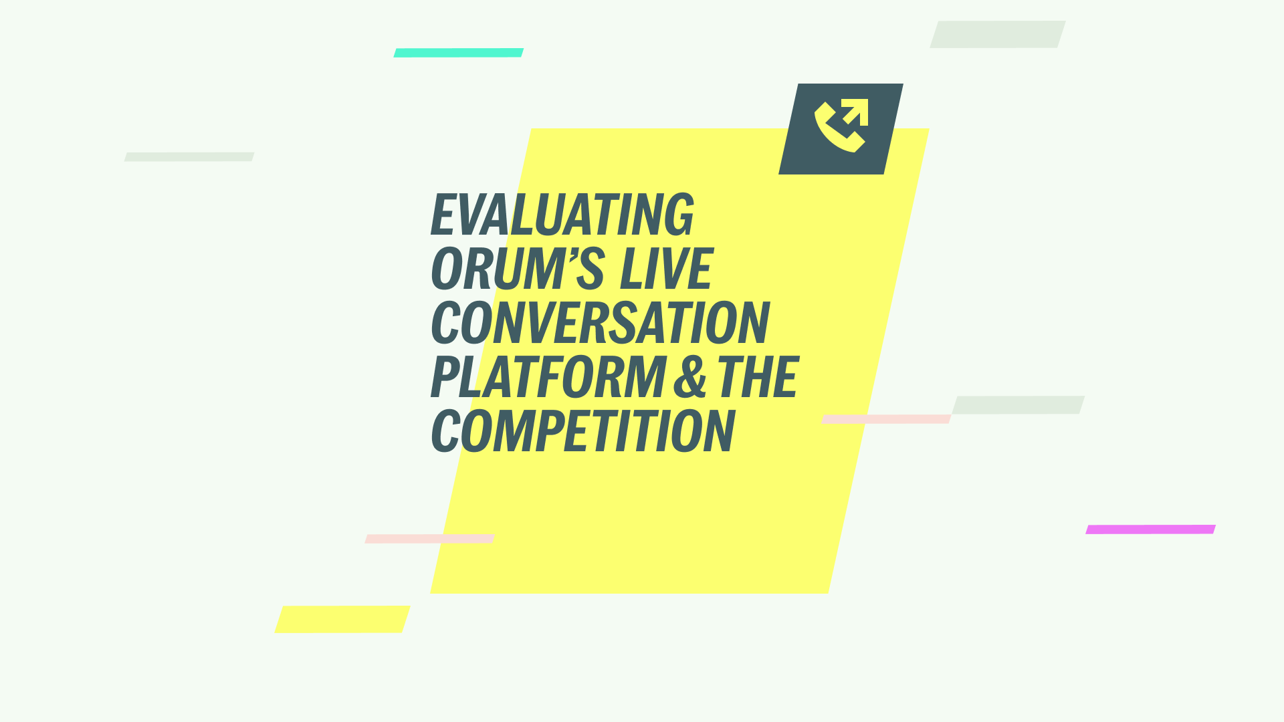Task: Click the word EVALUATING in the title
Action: [562, 215]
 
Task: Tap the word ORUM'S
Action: [518, 269]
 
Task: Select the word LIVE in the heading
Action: [666, 269]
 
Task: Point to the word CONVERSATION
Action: [601, 324]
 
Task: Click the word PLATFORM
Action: [548, 378]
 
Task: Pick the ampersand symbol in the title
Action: [689, 378]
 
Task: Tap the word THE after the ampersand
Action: [758, 378]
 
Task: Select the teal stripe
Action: [458, 53]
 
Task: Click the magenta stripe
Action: [1150, 529]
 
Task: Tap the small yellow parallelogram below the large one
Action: [342, 619]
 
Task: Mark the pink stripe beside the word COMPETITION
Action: [885, 419]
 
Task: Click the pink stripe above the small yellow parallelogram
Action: [429, 539]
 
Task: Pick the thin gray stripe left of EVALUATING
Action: [189, 157]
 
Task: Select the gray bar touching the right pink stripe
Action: [1018, 405]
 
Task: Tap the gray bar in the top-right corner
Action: [997, 35]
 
